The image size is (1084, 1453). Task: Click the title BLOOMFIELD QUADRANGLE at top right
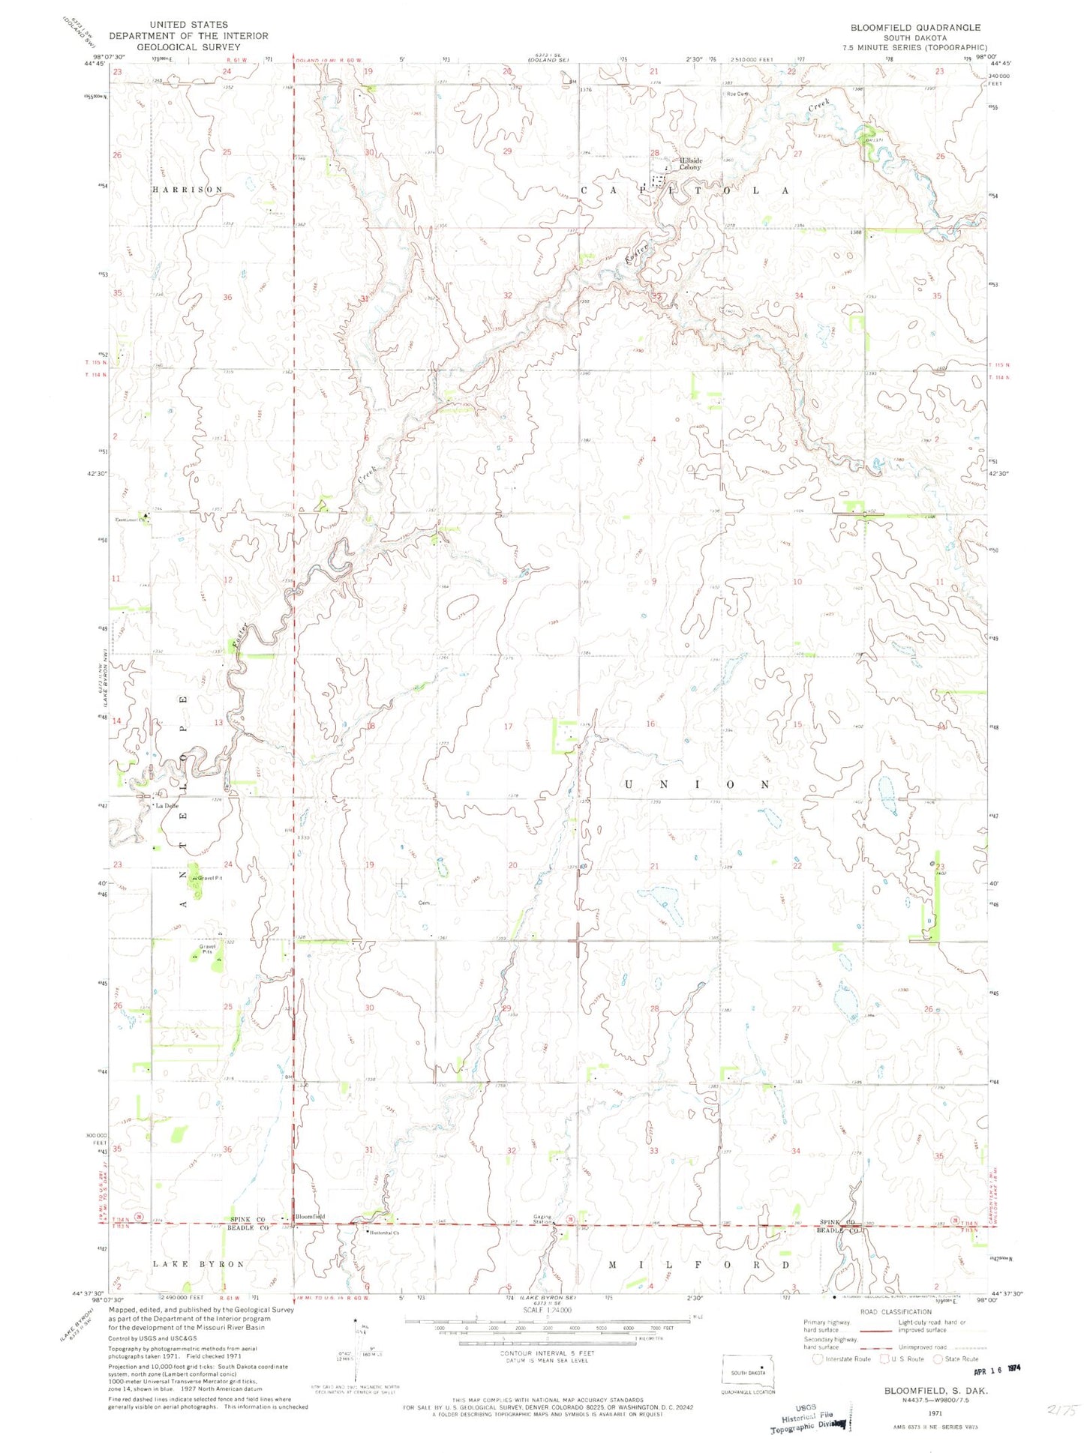(914, 28)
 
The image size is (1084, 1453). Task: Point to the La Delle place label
(167, 806)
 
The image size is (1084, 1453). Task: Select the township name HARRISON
(188, 190)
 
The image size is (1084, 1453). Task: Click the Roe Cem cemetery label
(737, 94)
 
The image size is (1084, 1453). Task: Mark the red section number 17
(508, 726)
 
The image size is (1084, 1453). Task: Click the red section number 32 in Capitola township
(508, 295)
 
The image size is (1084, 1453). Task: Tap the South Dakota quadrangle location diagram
(748, 1372)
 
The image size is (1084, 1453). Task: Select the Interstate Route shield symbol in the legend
(819, 1359)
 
